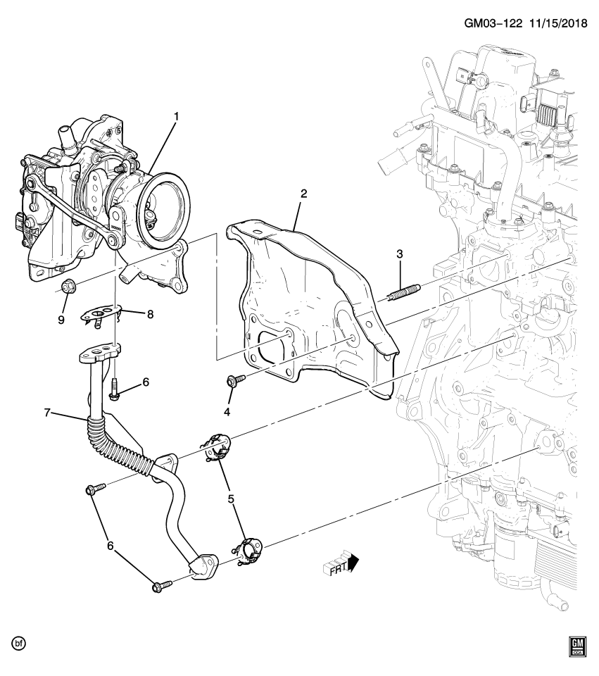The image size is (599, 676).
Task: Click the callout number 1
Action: [x=176, y=115]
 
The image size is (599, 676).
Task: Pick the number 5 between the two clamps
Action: [x=231, y=499]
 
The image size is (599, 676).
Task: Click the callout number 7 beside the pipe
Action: [x=47, y=413]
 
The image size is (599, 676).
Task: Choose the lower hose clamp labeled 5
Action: [x=248, y=549]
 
